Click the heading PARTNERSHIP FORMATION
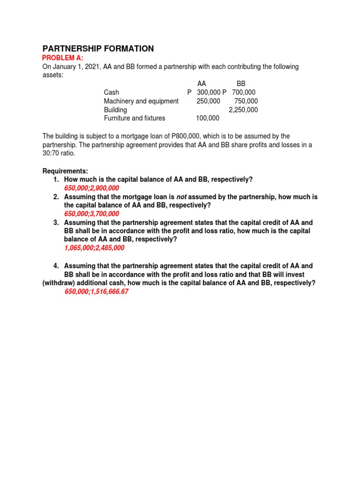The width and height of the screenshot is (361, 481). coord(98,49)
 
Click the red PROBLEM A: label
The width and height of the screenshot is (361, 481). coord(63,58)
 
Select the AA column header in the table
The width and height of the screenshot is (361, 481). coord(202,84)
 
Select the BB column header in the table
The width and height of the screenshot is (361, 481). coord(241,84)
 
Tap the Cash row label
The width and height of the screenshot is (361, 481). coord(111,93)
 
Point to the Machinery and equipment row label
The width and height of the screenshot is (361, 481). coord(141,101)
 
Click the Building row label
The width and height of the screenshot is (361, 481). coord(115,109)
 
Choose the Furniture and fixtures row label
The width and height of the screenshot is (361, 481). coord(134,118)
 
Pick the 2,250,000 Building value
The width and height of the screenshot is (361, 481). coord(243,109)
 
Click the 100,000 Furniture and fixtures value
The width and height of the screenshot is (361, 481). coord(208,118)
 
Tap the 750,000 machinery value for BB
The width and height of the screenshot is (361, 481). coord(246,101)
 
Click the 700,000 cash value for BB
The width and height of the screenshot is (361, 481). coord(243,93)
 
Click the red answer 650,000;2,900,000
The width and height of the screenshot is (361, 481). coord(92,188)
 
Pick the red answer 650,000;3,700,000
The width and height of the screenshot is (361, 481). coord(92,214)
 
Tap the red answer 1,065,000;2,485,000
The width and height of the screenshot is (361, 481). coord(94,248)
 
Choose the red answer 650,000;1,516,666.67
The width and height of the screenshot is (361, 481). coord(96,292)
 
